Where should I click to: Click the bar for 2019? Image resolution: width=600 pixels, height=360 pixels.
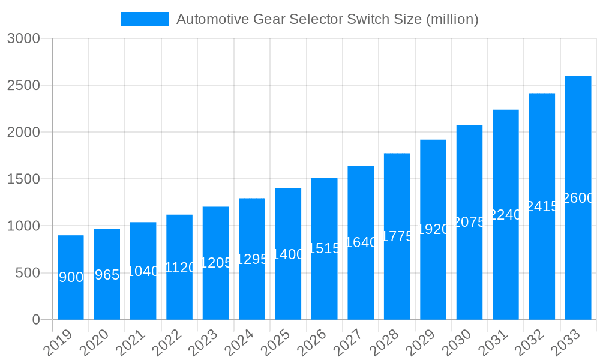[71, 277]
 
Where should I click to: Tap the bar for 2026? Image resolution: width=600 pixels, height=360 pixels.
[324, 248]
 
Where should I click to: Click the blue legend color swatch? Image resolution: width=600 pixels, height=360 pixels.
[145, 19]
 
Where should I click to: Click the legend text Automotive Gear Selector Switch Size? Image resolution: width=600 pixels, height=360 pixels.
[327, 19]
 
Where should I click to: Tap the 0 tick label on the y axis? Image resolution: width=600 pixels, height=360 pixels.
[36, 320]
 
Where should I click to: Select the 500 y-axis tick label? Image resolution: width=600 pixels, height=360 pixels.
[29, 273]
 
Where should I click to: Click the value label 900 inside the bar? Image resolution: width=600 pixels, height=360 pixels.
[71, 277]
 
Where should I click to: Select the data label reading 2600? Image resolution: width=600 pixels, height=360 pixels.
[578, 198]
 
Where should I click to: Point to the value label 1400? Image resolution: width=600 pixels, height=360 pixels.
[288, 254]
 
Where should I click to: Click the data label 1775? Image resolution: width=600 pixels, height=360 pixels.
[397, 236]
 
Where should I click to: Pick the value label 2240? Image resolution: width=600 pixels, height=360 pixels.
[505, 215]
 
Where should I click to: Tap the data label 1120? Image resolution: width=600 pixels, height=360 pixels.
[179, 268]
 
